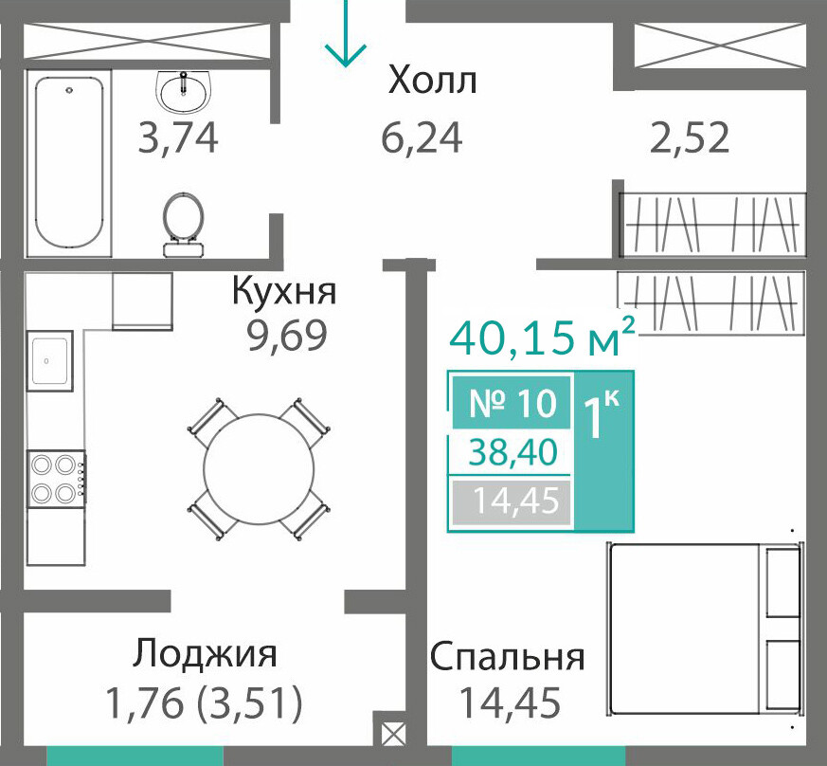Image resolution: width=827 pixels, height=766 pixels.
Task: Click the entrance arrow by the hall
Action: point(346,34)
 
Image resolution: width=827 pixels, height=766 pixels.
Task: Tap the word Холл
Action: point(433,81)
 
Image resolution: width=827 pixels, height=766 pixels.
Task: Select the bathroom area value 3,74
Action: point(178,137)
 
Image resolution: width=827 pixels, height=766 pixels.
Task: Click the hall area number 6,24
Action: point(422,137)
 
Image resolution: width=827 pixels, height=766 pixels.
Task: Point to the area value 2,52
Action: point(690,137)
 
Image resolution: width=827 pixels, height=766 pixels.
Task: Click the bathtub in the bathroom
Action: point(69,163)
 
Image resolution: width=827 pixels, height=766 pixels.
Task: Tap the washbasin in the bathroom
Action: point(184,92)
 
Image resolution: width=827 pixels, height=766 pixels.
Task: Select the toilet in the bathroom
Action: point(183,225)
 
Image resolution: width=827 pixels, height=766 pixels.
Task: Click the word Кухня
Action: point(284,292)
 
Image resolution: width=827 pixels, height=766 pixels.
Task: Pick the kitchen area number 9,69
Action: point(287,336)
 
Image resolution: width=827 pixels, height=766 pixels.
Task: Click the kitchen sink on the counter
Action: point(49,361)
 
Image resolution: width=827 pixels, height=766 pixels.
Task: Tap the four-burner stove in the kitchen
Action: point(57,479)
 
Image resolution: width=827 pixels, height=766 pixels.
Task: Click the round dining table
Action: point(259,468)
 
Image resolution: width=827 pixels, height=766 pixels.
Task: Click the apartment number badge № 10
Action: point(512,402)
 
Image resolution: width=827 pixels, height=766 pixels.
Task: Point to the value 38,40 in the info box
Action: point(512,452)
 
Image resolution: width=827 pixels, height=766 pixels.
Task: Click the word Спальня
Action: point(508,657)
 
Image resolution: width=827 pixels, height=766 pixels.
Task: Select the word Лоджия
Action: point(205,655)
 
